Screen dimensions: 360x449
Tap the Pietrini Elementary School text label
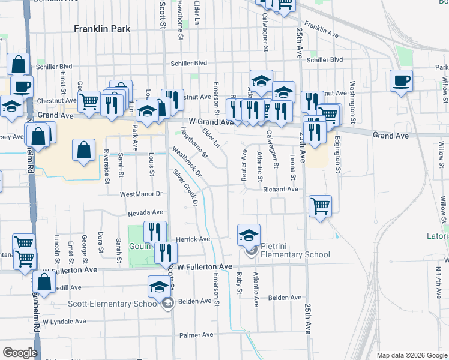tap(295, 254)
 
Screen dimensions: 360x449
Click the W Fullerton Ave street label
tap(203, 266)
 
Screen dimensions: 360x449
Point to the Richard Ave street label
tap(280, 189)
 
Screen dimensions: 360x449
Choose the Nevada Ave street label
tap(145, 212)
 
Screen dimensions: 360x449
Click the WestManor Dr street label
tap(142, 194)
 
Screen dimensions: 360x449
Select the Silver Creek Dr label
tap(185, 188)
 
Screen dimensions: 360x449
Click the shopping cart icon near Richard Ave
tap(320, 206)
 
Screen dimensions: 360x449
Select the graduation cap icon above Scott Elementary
tap(158, 287)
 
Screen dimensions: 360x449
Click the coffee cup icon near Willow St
tap(401, 80)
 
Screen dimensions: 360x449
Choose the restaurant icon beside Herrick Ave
tap(155, 231)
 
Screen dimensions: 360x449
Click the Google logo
tap(20, 353)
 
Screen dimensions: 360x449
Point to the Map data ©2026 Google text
tap(412, 355)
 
